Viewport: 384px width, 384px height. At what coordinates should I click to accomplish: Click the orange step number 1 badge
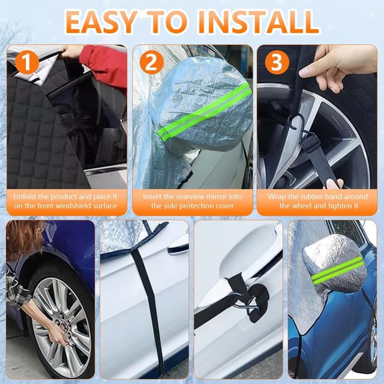[27, 62]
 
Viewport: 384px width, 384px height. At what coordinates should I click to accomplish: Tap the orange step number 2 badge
[152, 62]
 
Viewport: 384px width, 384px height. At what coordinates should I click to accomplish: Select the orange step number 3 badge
[277, 62]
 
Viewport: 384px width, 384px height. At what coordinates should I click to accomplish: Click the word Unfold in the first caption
[25, 197]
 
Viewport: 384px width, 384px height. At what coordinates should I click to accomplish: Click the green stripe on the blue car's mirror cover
[337, 270]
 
